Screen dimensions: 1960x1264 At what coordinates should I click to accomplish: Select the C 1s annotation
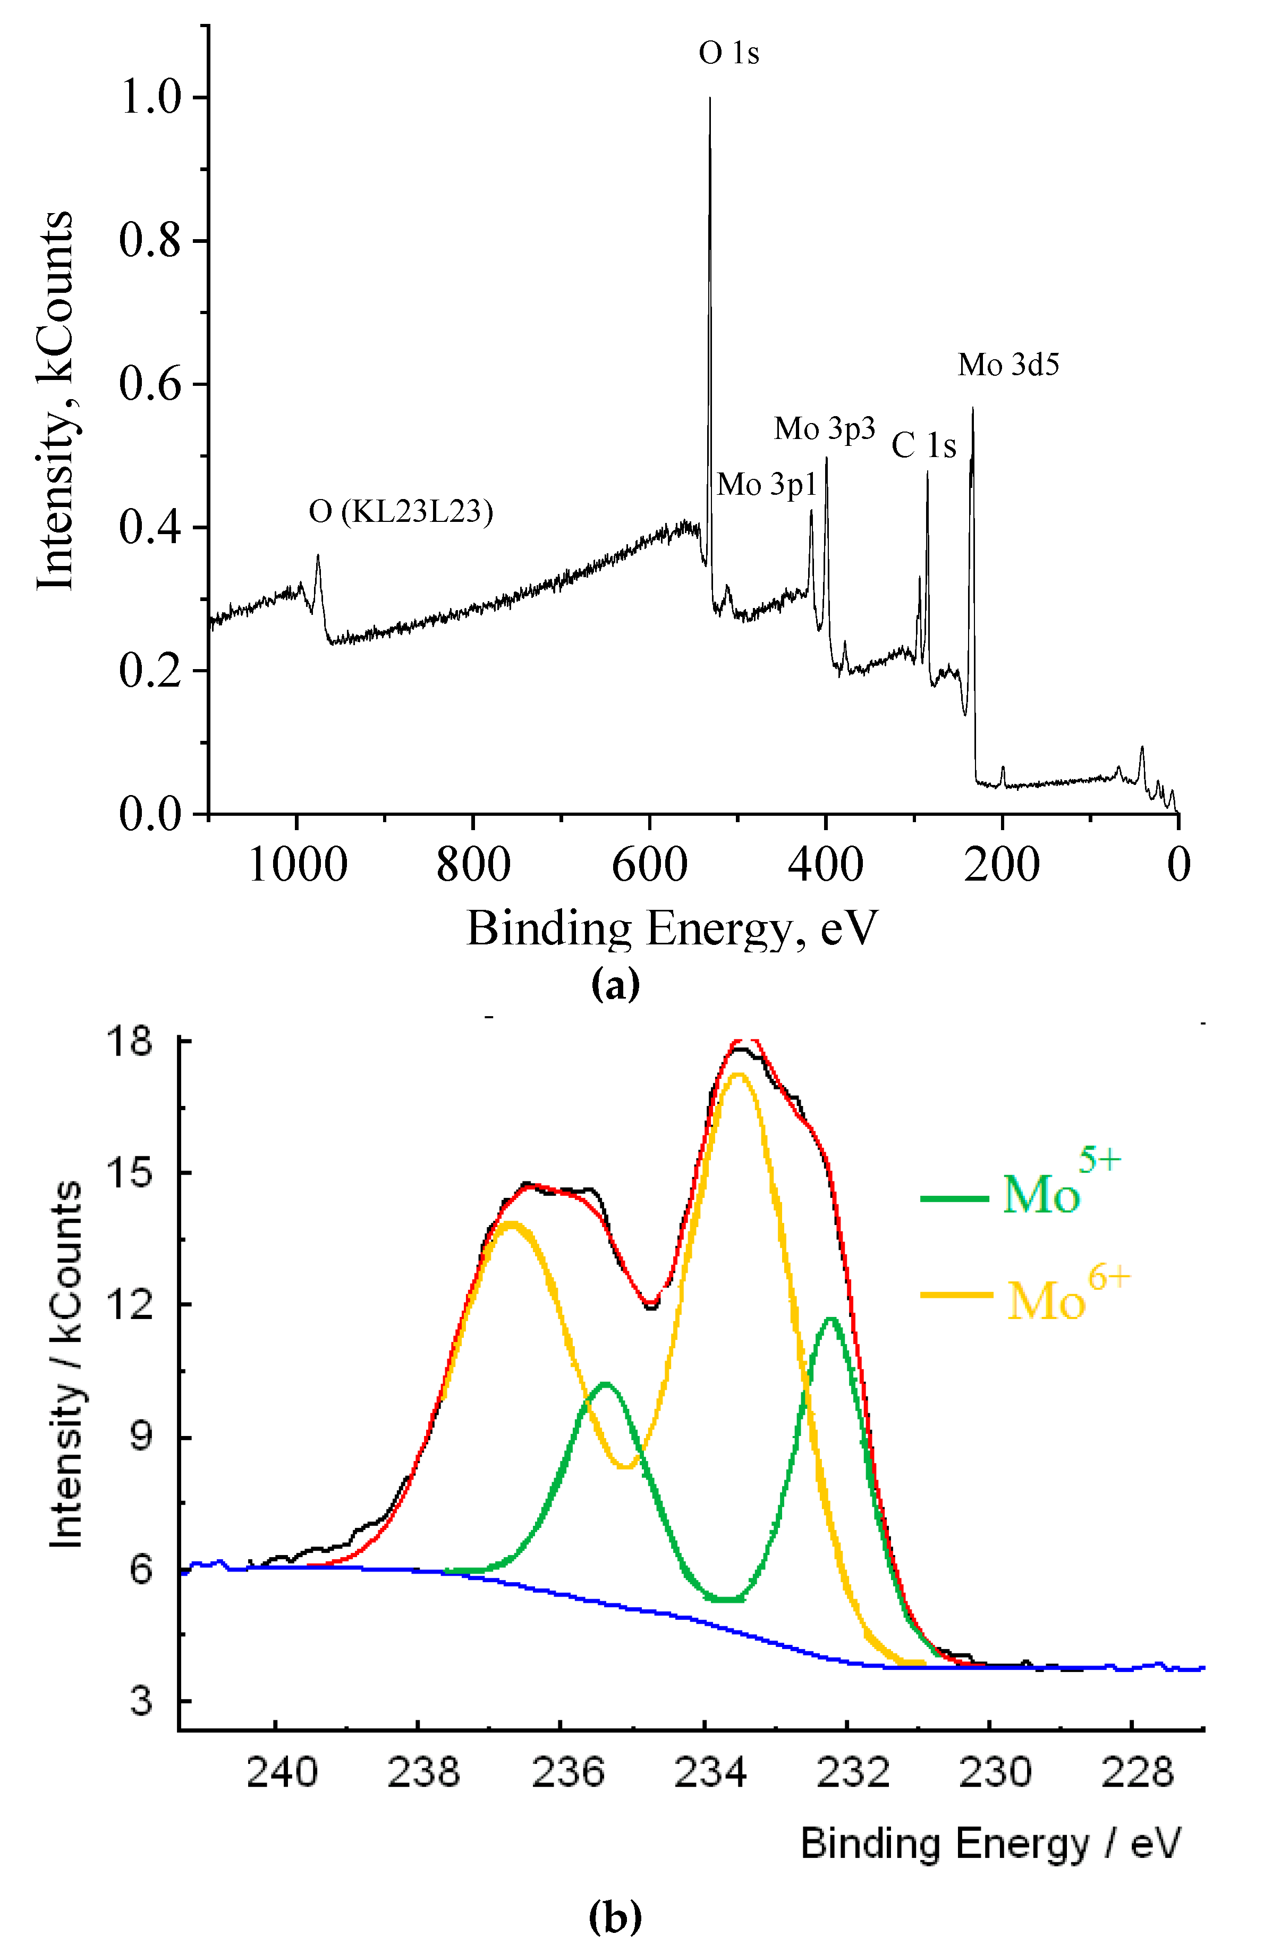point(923,446)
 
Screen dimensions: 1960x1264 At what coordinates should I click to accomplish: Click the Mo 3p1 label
point(767,485)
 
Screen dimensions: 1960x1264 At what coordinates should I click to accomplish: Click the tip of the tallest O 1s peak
point(710,98)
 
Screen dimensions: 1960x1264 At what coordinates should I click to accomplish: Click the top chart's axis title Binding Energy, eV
point(672,929)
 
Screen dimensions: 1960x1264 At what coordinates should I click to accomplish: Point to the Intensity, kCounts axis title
point(56,401)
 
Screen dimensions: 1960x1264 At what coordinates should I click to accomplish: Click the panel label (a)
point(615,984)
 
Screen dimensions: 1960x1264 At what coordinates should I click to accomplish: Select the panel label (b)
point(615,1917)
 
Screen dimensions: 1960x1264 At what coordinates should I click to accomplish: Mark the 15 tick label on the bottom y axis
point(130,1173)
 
